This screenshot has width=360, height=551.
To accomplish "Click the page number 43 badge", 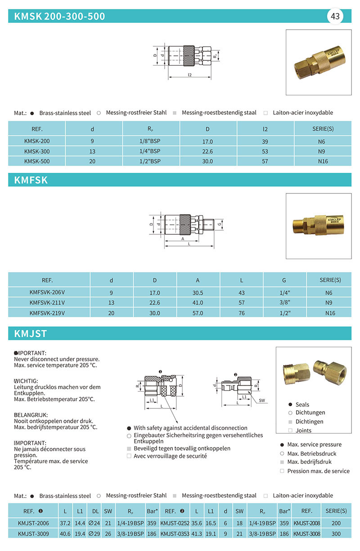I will coord(335,17).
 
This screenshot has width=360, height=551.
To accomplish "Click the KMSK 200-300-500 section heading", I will coord(60,17).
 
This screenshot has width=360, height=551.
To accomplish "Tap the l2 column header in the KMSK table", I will coord(265,129).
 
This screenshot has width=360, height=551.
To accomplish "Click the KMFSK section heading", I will coord(31,180).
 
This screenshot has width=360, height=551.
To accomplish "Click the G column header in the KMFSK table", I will coord(284,280).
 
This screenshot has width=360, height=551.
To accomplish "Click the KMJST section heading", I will coord(31,334).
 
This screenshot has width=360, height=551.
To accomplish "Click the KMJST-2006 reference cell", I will coord(33,523).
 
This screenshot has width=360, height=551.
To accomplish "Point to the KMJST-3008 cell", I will coord(306,534).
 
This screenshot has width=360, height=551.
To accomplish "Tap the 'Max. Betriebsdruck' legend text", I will coord(312,453).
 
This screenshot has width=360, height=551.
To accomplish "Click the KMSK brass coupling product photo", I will coord(319,62).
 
